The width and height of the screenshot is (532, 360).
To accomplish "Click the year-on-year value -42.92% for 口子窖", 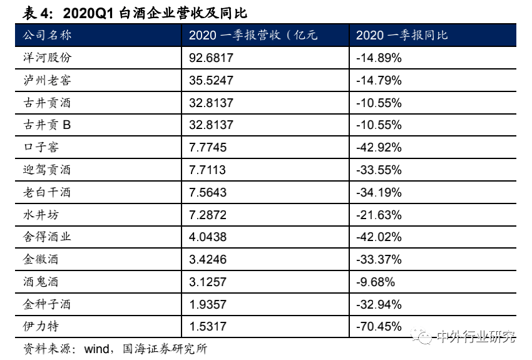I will point(378,148).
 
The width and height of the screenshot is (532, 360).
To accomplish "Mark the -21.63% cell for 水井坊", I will point(378,215).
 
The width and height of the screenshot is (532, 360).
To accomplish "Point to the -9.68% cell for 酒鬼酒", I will point(375,282).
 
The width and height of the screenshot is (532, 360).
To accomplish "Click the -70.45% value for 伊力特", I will point(378,326).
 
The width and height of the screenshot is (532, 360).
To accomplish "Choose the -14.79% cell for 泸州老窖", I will point(378,80).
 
